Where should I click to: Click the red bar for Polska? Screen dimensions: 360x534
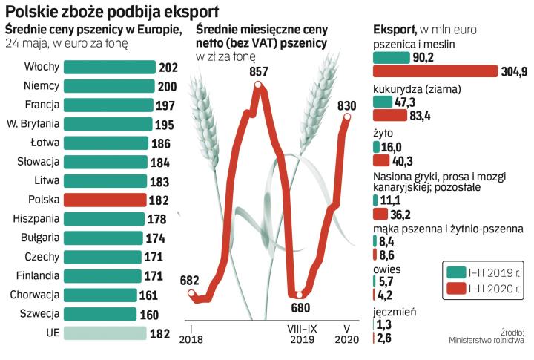[x=105, y=200]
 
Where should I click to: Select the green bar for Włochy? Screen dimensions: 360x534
[x=111, y=67]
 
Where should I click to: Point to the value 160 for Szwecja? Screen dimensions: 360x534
[x=149, y=314]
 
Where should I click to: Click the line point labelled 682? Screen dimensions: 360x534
[x=194, y=295]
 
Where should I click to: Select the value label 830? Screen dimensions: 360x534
[x=348, y=105]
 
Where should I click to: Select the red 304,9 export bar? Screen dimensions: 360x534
[x=435, y=71]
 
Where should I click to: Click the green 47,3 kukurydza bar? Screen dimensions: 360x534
[x=386, y=102]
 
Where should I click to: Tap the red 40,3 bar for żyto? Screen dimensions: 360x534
[x=382, y=161]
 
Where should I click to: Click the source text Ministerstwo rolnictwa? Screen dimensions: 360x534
[x=487, y=341]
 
